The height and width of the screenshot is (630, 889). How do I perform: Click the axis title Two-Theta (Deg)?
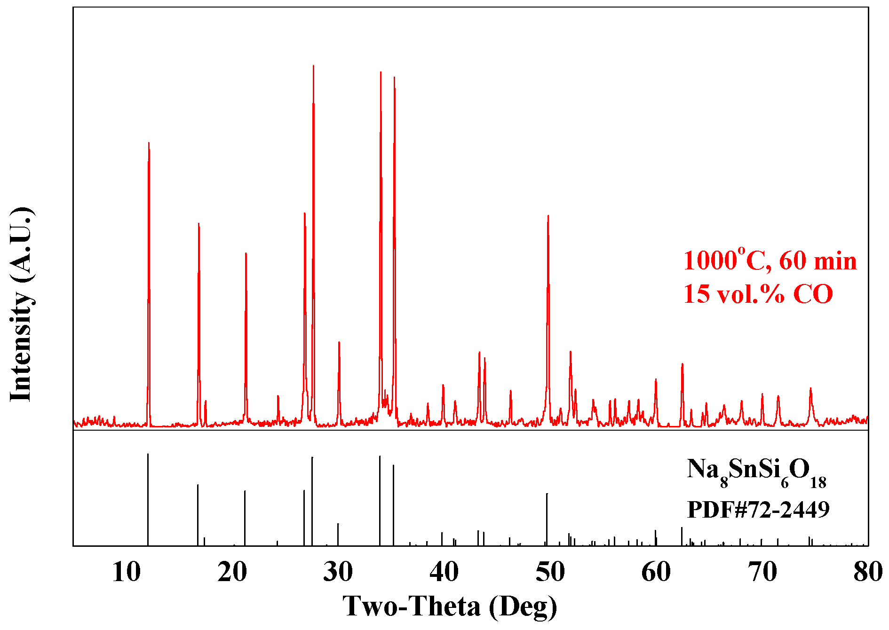coord(450,606)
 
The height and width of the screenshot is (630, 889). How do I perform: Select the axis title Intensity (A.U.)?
coord(21,304)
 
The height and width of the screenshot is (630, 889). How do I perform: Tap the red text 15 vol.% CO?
coord(758,294)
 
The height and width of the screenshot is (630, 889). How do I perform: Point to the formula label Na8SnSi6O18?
coord(756,472)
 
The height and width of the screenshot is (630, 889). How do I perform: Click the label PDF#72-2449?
coord(758,509)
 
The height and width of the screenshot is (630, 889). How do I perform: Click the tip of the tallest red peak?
coord(313,66)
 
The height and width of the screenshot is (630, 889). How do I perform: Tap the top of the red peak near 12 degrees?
coord(149,143)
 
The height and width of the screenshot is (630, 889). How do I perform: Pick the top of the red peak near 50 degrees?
coord(548,216)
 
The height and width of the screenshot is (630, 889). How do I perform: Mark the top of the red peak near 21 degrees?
coord(246,254)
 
